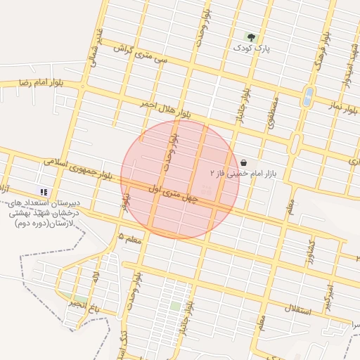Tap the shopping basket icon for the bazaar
[x=243, y=162]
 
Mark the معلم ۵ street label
[x=130, y=237]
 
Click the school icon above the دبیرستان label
[x=44, y=191]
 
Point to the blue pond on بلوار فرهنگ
[x=308, y=96]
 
